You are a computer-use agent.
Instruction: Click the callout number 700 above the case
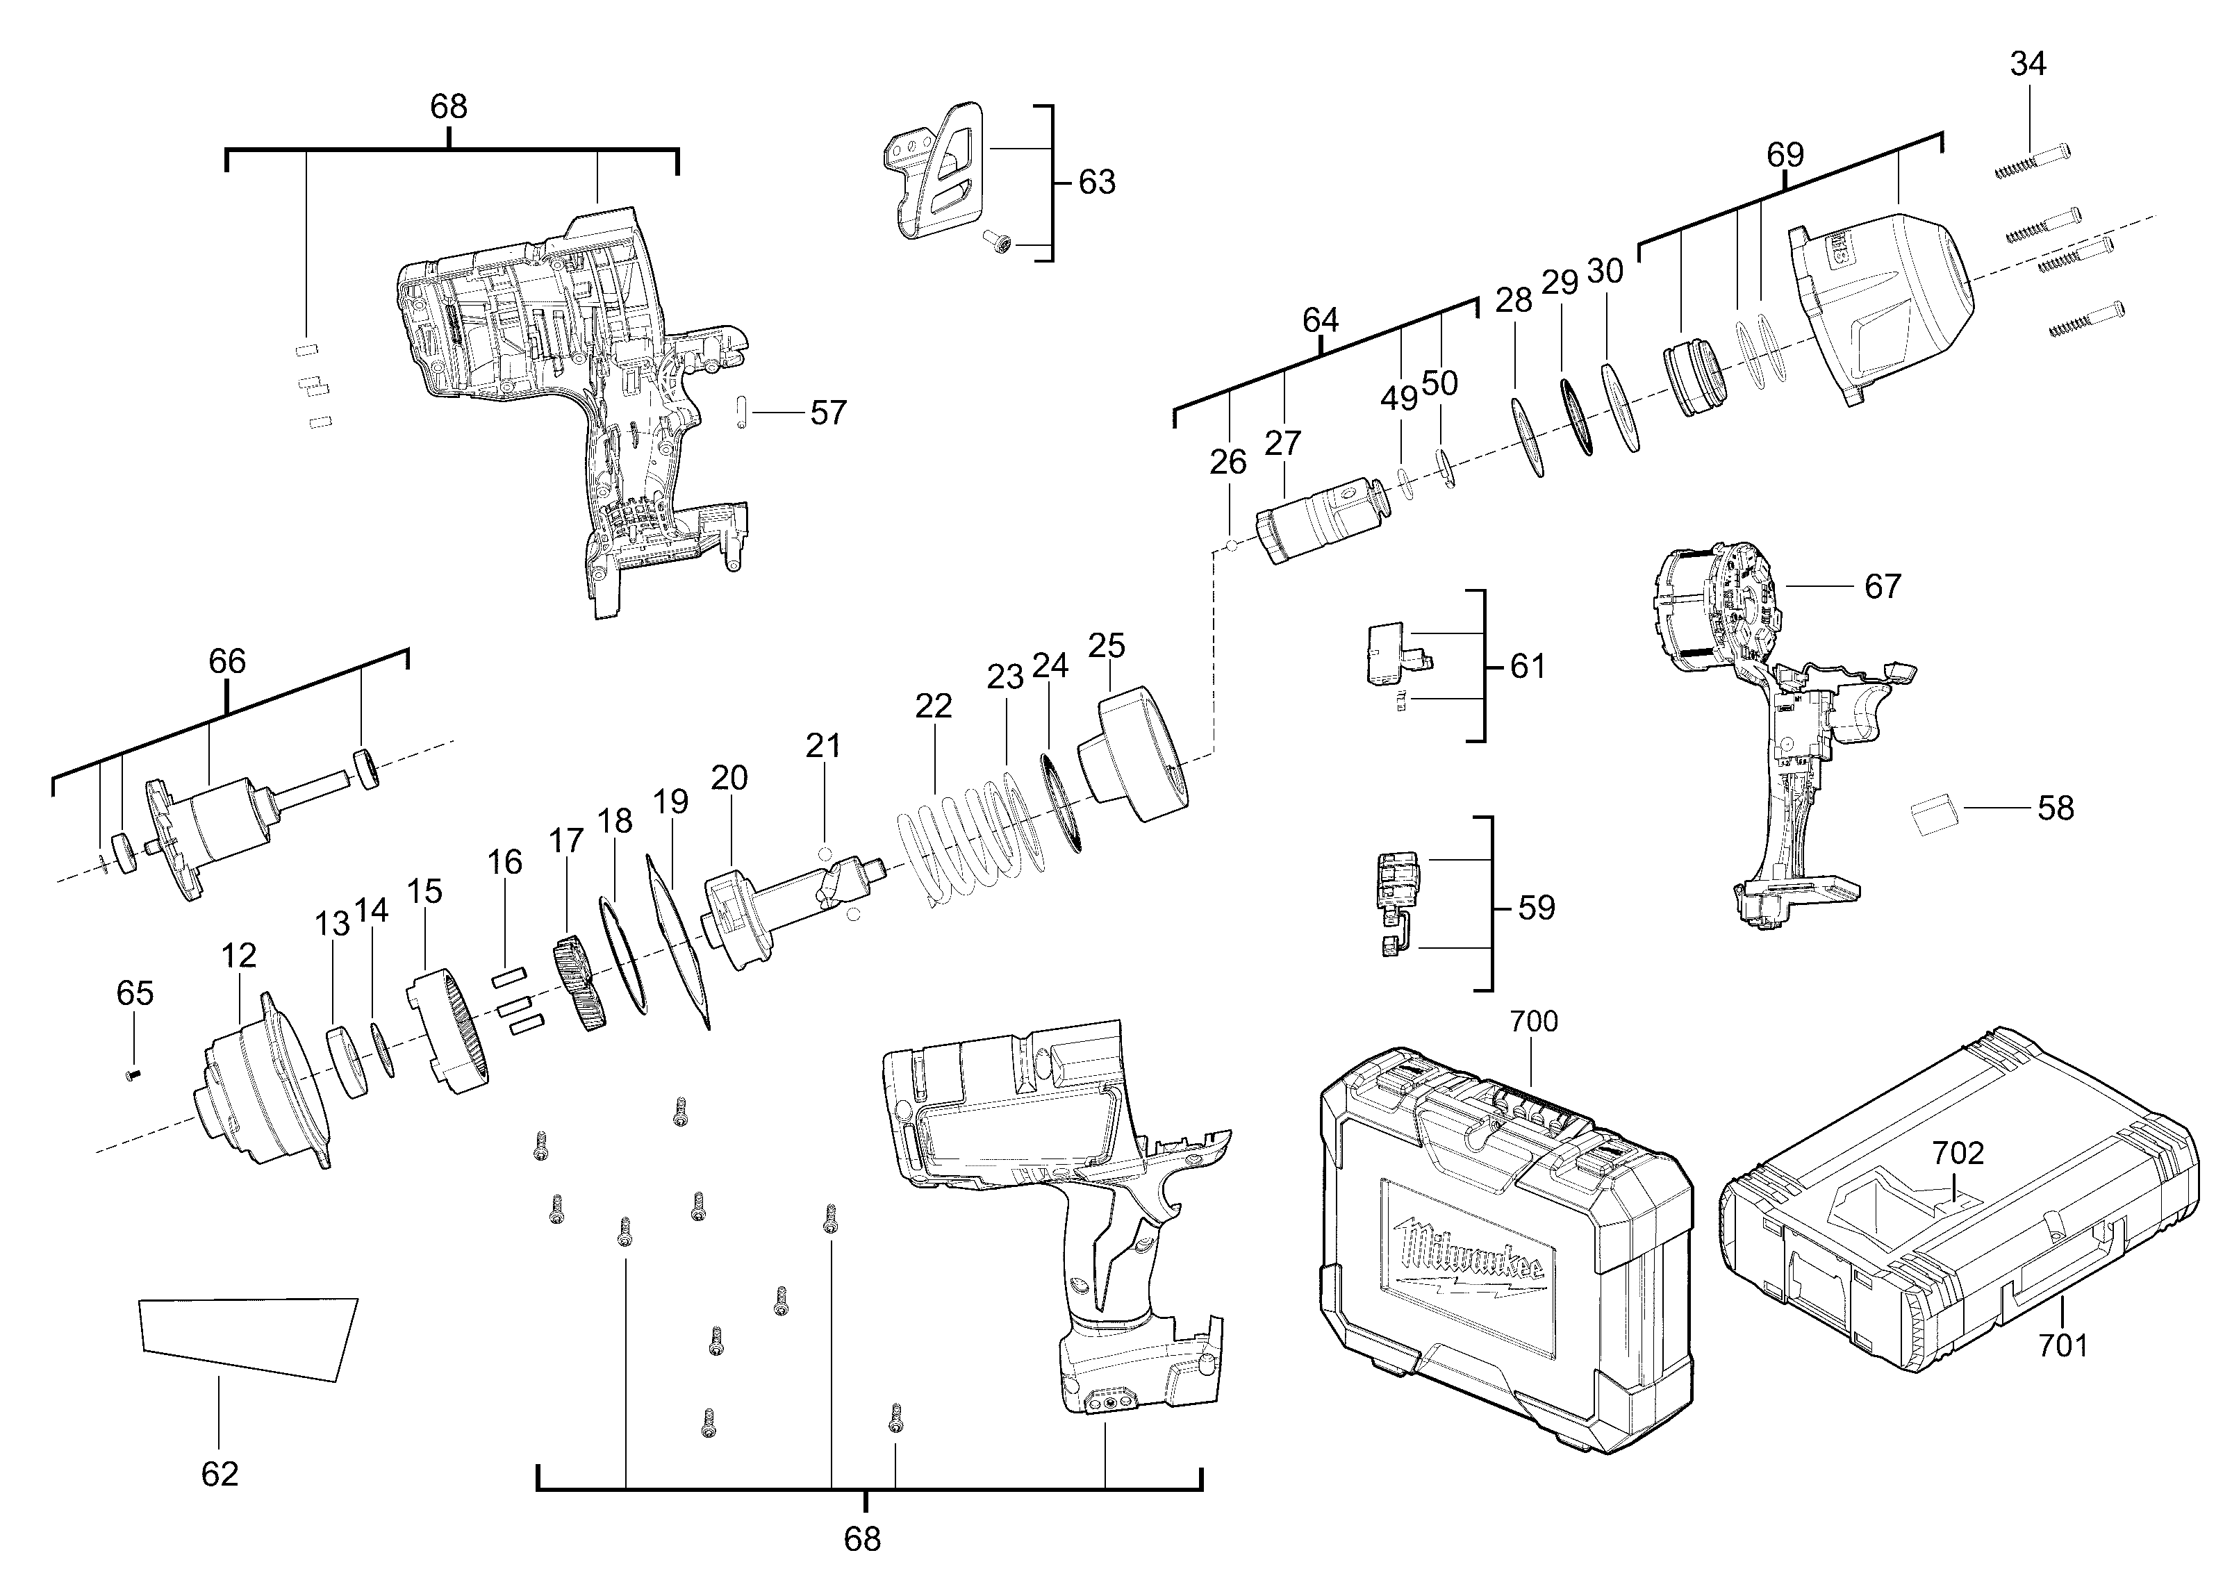pyautogui.click(x=1533, y=1021)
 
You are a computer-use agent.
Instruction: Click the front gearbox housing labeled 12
pyautogui.click(x=263, y=1083)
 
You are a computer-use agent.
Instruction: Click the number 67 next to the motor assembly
pyautogui.click(x=1882, y=586)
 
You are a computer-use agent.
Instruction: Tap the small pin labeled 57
pyautogui.click(x=742, y=413)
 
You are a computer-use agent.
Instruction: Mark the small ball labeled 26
pyautogui.click(x=1231, y=545)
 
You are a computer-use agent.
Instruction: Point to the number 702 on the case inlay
pyautogui.click(x=1957, y=1154)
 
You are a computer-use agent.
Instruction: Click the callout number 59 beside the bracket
pyautogui.click(x=1536, y=908)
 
